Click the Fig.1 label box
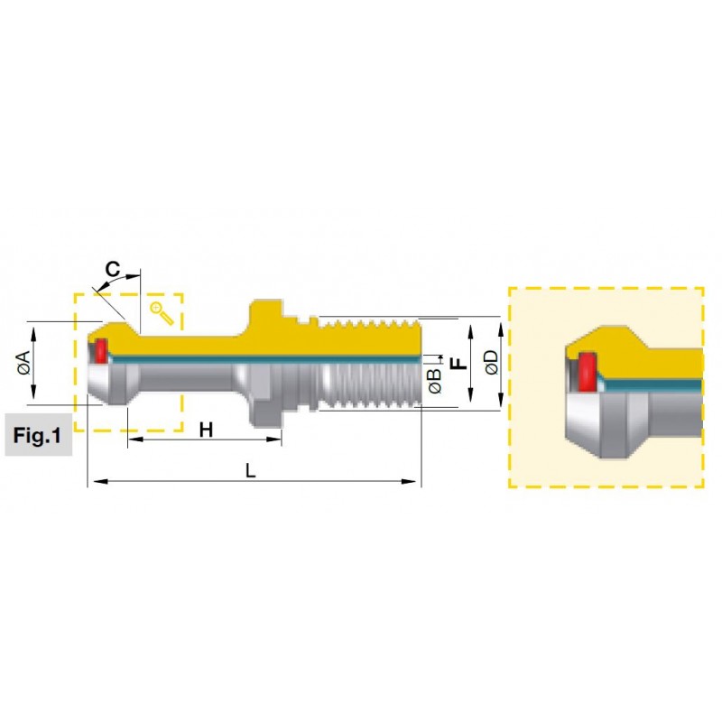coord(38,435)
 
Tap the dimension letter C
coord(113,269)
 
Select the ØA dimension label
coord(24,363)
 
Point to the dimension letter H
coord(206,430)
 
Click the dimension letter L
coord(250,470)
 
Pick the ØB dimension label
coord(435,381)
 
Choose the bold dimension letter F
coord(458,364)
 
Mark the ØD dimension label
coord(492,363)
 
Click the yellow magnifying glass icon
coord(162,313)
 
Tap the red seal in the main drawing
coord(101,350)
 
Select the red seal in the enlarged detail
coord(588,372)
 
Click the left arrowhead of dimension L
coord(101,482)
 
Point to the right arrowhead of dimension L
coord(408,482)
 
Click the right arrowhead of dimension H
coord(274,440)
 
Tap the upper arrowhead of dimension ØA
coord(32,334)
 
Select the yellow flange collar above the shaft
coord(266,318)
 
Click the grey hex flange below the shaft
coord(266,403)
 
